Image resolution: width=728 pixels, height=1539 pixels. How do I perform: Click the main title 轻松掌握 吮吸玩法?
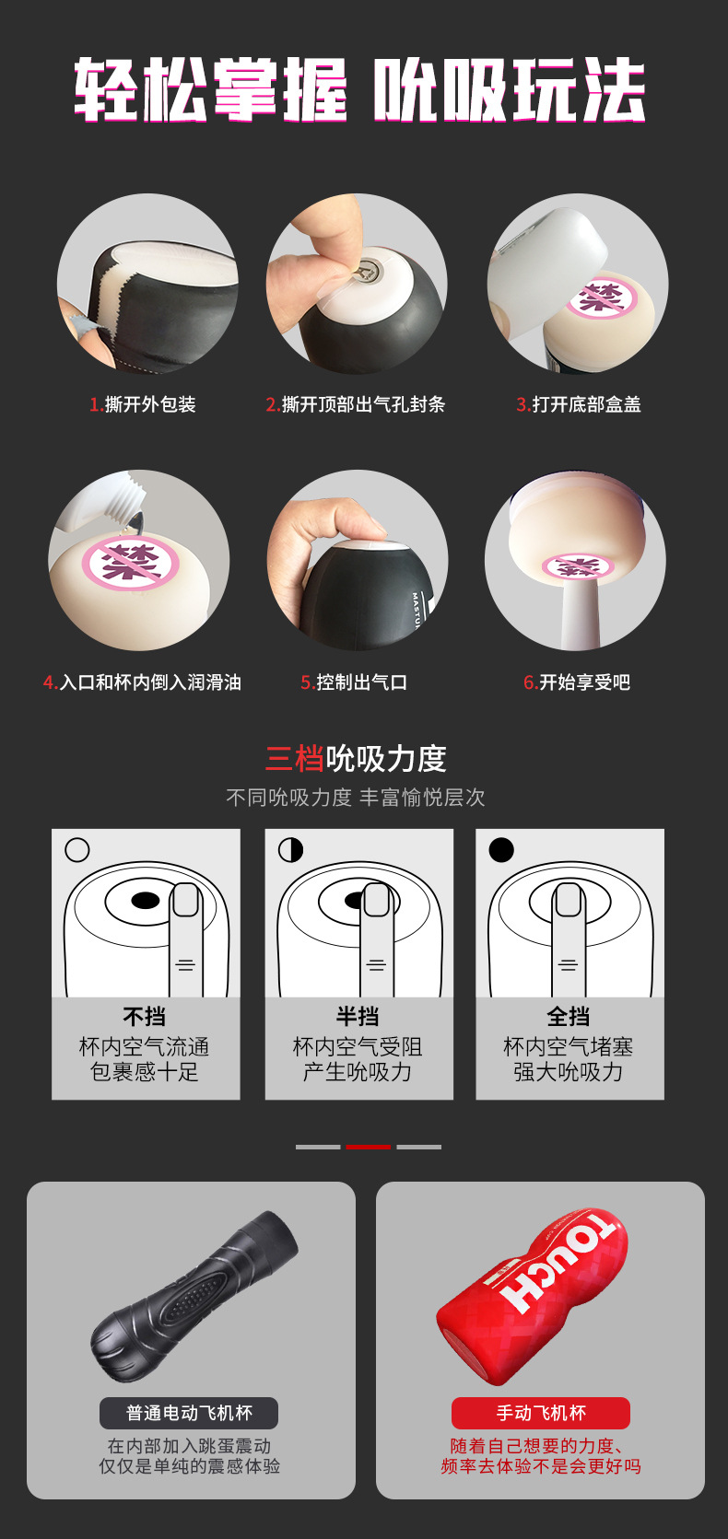coord(359,90)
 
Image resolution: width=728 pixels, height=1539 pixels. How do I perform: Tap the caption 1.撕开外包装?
coord(142,404)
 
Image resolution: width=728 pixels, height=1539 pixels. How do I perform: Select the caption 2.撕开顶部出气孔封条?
coord(355,404)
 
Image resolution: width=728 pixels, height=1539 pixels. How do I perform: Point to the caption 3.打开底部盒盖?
coord(578,404)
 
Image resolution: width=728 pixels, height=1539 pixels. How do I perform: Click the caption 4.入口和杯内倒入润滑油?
coord(142,682)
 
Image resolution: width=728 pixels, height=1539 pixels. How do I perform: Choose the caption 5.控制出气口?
coord(354,682)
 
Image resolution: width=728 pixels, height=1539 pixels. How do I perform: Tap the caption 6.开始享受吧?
coord(577,682)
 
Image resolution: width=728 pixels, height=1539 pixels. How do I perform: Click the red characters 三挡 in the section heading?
coord(294,758)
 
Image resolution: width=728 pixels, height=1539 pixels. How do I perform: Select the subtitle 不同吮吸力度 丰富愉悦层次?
coord(356,798)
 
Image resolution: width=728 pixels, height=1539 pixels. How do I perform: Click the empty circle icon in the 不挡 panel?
coord(77,849)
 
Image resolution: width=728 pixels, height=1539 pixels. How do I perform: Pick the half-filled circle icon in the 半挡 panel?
coord(290,849)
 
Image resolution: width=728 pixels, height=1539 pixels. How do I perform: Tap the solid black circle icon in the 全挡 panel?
coord(501,849)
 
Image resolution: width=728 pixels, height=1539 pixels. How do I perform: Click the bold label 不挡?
coord(145,1016)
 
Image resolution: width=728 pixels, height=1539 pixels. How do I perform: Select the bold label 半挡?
coord(358,1016)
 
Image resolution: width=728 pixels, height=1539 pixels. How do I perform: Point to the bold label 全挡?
coord(569,1016)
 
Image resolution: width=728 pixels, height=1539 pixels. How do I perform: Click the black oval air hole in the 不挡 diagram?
coord(145,900)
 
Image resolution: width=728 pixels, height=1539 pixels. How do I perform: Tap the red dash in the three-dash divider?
coord(368,1147)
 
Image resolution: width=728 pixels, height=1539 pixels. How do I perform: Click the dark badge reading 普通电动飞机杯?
coord(189,1413)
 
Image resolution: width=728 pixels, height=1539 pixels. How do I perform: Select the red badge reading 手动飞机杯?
coord(540,1413)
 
